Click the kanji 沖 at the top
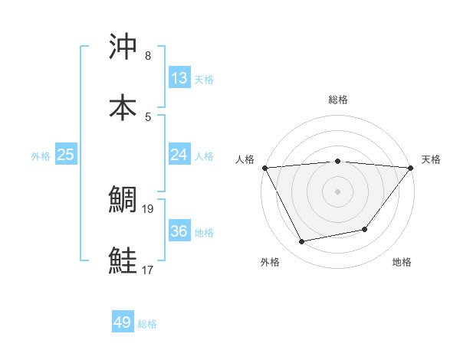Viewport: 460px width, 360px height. [123, 47]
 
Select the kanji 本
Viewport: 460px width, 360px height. [123, 108]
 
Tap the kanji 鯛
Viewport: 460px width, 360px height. [123, 200]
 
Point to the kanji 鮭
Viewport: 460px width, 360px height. [123, 261]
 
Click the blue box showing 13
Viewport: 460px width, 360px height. [179, 77]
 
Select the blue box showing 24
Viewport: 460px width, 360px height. [179, 155]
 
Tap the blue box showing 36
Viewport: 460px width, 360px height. [179, 231]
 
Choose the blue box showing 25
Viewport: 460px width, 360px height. [66, 155]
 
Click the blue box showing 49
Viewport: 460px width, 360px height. [123, 322]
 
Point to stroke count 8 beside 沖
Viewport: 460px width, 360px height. [148, 56]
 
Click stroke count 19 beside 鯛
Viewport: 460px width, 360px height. [148, 208]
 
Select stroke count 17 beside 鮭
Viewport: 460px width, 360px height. [148, 270]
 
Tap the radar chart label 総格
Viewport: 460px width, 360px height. [338, 100]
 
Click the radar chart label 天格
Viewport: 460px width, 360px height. [432, 159]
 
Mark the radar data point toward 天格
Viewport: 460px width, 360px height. [411, 168]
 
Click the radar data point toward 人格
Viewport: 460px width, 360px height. [264, 168]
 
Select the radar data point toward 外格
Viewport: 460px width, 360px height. [302, 242]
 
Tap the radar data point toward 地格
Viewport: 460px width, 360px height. [366, 229]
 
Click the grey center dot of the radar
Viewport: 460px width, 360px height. [338, 191]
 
